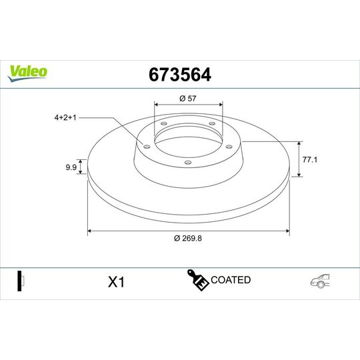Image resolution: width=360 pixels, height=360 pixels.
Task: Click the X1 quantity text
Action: [x=117, y=282]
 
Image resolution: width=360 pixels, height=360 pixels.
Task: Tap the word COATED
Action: [x=231, y=280]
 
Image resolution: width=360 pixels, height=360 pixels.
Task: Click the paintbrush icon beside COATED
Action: [x=198, y=281]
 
